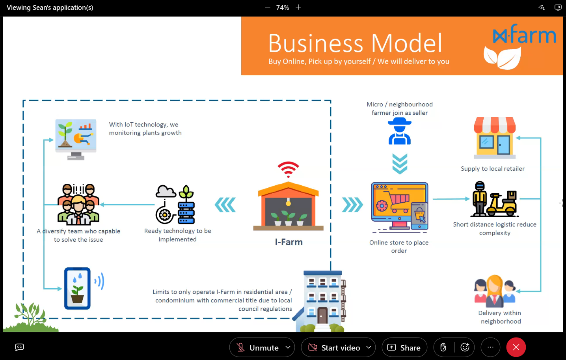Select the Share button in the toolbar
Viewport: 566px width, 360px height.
(404, 347)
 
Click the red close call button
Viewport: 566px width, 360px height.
(516, 347)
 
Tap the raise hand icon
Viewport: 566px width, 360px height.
(443, 347)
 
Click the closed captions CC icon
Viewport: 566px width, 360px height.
(19, 347)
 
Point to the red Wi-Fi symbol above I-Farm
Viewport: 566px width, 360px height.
(288, 169)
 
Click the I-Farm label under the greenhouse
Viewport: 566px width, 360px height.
(289, 242)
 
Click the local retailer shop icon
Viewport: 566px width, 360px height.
(495, 138)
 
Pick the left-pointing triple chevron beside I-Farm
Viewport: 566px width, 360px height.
(225, 205)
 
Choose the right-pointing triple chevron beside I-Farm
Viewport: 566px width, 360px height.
(352, 205)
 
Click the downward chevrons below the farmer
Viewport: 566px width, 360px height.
(400, 164)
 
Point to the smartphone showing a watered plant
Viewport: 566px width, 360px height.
(78, 288)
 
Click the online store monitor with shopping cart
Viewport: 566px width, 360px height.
(399, 205)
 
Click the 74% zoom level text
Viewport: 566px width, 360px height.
(283, 7)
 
